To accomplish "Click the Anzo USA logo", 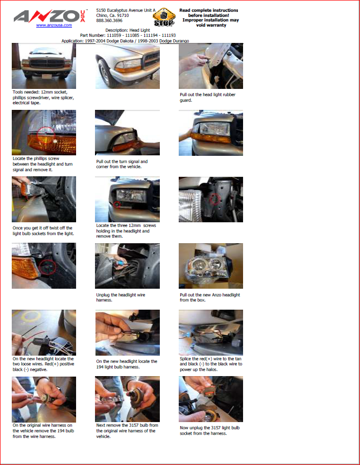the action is tap(50, 16).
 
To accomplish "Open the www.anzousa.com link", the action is tap(54, 25).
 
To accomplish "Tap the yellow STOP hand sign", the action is tap(164, 17).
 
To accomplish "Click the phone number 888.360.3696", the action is tap(109, 20).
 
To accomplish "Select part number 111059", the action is tap(114, 35).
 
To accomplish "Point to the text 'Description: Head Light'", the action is tap(128, 30).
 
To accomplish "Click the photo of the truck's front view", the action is tap(44, 66).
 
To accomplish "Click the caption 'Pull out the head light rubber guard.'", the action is tap(207, 97).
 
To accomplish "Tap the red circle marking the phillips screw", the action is tap(45, 134).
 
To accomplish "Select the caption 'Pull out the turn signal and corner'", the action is tap(122, 164).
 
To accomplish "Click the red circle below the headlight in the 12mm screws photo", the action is tap(117, 204).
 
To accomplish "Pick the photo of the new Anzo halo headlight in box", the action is tap(211, 266).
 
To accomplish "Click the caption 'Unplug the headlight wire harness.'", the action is tap(121, 297).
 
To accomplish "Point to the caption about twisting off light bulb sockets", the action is tap(43, 231).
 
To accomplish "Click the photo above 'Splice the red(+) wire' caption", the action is tap(211, 333).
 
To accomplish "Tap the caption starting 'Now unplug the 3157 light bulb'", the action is tap(209, 431).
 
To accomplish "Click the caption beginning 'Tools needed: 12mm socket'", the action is tap(43, 97).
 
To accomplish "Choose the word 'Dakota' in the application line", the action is tap(126, 41).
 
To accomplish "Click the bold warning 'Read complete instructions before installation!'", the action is tap(209, 13).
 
